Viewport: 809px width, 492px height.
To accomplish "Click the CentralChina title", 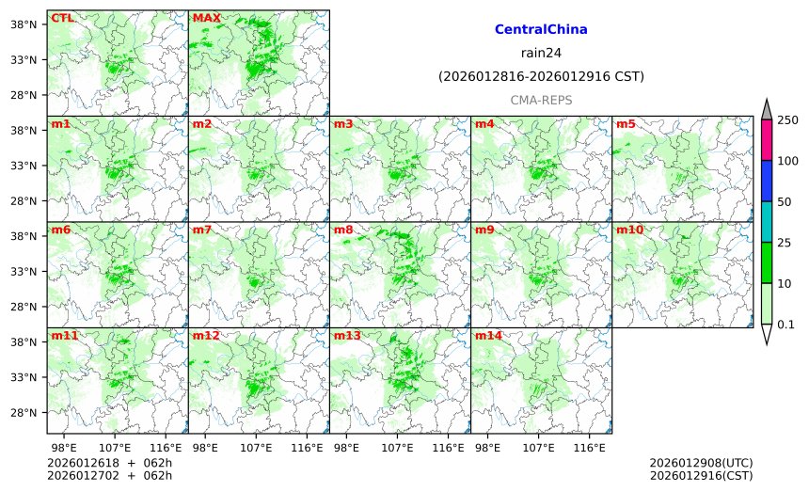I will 541,29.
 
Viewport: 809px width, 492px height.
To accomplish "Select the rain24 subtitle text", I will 541,53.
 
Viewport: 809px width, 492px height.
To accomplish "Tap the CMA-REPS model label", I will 541,100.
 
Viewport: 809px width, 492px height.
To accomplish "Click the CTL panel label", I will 62,18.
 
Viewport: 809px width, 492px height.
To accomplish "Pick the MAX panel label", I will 206,18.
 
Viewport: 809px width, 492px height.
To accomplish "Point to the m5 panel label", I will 626,124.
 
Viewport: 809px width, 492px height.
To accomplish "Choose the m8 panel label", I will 343,230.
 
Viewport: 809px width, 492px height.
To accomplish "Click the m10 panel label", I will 629,230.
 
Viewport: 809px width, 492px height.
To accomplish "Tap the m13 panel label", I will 347,336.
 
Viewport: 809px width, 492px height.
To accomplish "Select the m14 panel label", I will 488,336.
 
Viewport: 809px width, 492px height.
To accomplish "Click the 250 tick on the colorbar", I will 788,119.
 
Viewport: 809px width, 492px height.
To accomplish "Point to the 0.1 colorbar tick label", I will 788,325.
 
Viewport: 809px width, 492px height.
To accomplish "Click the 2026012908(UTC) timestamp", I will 701,463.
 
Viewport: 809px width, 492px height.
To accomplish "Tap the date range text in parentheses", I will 541,76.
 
